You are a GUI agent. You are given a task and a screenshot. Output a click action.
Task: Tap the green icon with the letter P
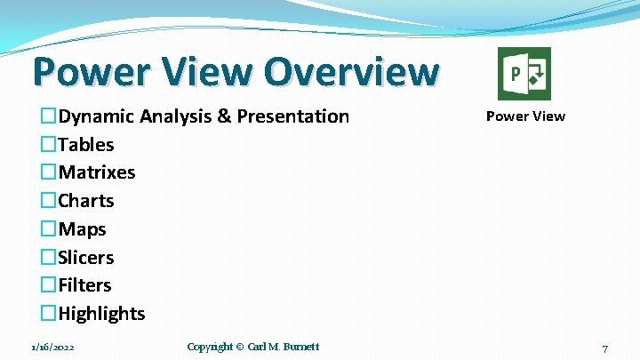[x=524, y=74]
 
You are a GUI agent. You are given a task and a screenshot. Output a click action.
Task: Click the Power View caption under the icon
[x=524, y=116]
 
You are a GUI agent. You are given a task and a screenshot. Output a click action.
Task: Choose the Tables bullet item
[x=86, y=144]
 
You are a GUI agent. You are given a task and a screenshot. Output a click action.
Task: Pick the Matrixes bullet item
[x=97, y=172]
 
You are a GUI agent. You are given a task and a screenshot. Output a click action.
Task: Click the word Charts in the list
[x=86, y=201]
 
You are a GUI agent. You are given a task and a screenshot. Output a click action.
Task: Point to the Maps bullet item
[x=82, y=229]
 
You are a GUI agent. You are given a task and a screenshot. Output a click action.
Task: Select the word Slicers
[x=86, y=258]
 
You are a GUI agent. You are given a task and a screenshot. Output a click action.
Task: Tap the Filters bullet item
[x=84, y=285]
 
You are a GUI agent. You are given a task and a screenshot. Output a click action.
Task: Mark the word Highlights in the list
[x=101, y=314]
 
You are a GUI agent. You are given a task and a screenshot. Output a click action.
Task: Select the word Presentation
[x=292, y=116]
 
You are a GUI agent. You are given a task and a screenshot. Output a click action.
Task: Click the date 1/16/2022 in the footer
[x=52, y=347]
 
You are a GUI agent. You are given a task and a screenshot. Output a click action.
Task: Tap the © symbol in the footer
[x=238, y=347]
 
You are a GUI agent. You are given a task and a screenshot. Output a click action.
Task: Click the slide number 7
[x=604, y=348]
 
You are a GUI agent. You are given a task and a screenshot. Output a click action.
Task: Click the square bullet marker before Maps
[x=49, y=229]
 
